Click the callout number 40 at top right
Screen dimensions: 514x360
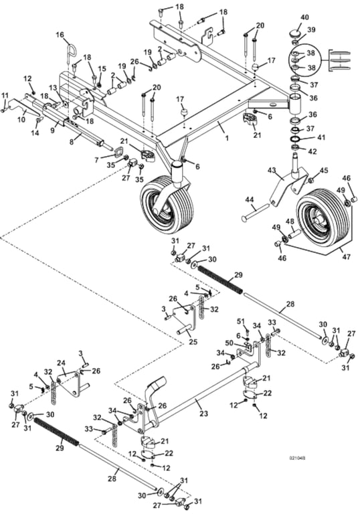[x=304, y=17]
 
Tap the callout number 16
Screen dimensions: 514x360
[x=60, y=34]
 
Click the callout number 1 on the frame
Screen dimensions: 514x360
[x=226, y=137]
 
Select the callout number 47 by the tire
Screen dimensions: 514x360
[x=346, y=256]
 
